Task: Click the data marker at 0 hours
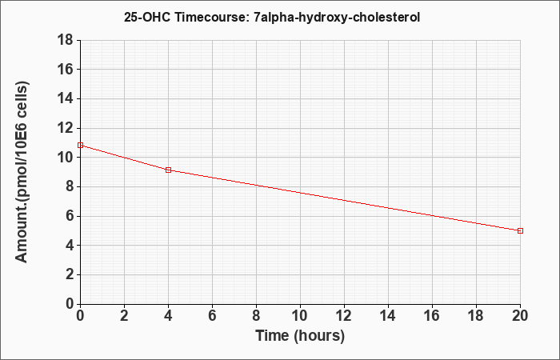click(x=80, y=145)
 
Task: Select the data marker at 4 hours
click(x=169, y=170)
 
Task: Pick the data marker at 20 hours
click(x=520, y=230)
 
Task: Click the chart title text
click(x=272, y=17)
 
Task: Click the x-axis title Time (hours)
click(x=300, y=336)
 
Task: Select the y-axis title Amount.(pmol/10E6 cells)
click(x=22, y=172)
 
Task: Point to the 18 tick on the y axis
click(x=65, y=40)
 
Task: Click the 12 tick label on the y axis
click(x=65, y=128)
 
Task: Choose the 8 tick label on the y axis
click(x=70, y=186)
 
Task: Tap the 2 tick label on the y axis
click(x=70, y=274)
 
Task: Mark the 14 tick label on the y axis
click(x=65, y=98)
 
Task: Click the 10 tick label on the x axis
click(x=300, y=316)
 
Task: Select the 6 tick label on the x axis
click(x=213, y=316)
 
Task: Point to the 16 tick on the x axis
click(x=432, y=316)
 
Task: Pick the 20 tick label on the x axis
click(x=520, y=316)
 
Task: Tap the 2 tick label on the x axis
click(x=124, y=316)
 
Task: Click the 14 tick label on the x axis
click(x=388, y=316)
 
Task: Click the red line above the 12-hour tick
click(x=344, y=200)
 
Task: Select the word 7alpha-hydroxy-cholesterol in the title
click(x=337, y=17)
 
